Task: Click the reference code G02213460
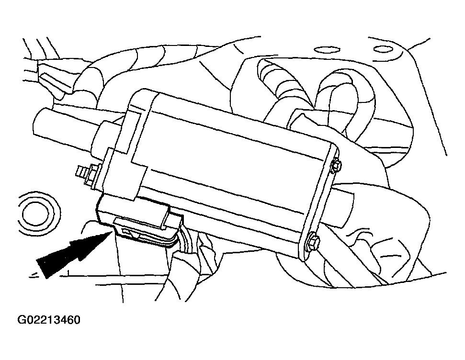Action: [49, 320]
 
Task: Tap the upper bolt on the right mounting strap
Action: [337, 166]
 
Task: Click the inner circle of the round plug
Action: [35, 214]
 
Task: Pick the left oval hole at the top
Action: [327, 49]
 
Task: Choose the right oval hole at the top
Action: [383, 49]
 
